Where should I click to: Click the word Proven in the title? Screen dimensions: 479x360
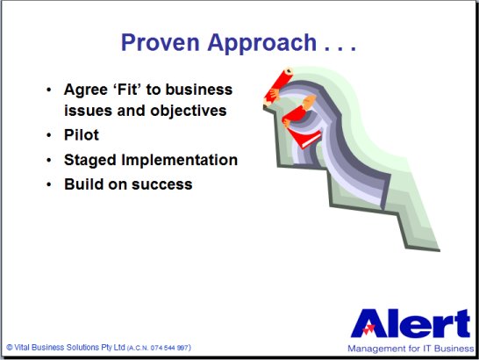coord(160,42)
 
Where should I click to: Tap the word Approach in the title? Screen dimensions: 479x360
coord(261,44)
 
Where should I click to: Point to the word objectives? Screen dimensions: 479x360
coord(188,111)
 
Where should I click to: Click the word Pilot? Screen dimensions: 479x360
coord(82,135)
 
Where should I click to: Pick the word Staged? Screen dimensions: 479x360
coord(90,161)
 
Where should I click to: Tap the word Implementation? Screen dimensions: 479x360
coord(179,161)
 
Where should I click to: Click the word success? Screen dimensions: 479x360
coord(162,184)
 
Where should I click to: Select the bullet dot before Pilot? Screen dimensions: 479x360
coord(49,135)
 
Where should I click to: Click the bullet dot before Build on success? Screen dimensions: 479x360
coord(49,184)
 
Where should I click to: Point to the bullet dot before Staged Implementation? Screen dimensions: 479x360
coord(49,160)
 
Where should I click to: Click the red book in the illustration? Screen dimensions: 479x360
coord(304,139)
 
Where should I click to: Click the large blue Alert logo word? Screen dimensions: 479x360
coord(411,324)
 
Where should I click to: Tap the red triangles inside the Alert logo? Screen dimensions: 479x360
coord(368,329)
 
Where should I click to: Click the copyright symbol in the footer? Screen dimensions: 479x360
coord(10,348)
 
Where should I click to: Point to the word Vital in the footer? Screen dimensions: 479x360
coord(22,348)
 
